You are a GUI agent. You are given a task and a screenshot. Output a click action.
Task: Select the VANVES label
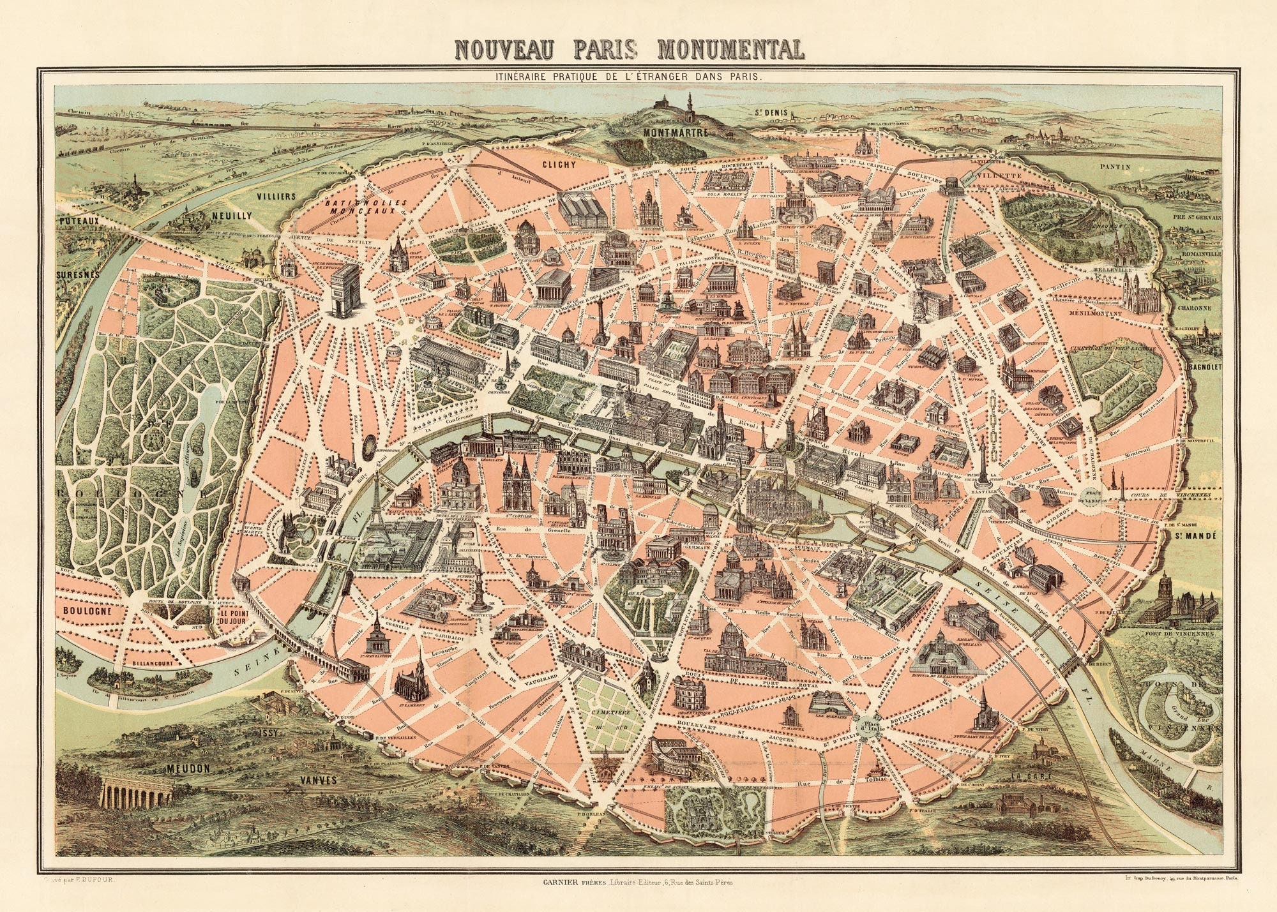tap(319, 780)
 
